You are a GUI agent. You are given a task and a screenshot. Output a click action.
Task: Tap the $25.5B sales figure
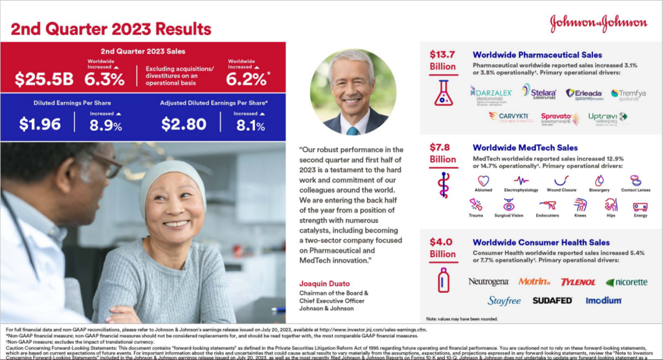click(44, 78)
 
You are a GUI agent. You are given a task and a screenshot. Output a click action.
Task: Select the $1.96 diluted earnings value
click(39, 124)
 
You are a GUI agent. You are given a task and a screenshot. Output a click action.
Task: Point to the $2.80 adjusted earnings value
click(183, 124)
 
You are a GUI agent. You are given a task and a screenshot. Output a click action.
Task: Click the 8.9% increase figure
click(106, 126)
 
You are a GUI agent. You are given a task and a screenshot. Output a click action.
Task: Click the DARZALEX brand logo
click(491, 95)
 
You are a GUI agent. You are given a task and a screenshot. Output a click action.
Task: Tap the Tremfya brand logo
click(628, 95)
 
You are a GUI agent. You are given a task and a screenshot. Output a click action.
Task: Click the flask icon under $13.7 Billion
click(443, 93)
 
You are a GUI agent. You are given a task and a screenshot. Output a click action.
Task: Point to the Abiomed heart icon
click(483, 181)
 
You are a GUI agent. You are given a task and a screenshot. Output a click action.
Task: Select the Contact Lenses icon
click(635, 181)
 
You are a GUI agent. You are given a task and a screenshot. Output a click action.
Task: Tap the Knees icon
click(580, 205)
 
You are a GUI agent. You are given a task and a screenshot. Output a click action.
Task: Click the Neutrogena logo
click(488, 282)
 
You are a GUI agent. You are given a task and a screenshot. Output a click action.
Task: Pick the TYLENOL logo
click(578, 282)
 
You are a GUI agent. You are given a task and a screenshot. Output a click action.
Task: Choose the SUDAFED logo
click(552, 300)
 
